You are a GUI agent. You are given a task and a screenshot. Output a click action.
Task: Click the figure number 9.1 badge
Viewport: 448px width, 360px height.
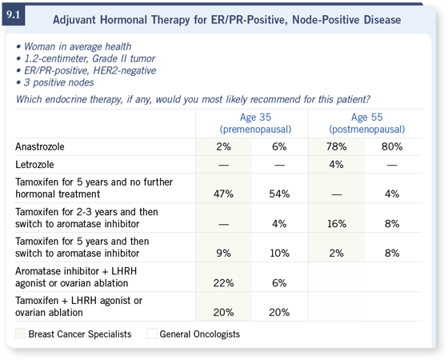coord(14,15)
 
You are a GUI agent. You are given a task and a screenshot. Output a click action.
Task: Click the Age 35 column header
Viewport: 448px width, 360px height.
coord(255,123)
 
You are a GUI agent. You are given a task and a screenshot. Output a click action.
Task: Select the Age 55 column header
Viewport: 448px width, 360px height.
coord(367,123)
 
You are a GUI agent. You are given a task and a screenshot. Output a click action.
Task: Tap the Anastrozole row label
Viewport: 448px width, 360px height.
coord(40,147)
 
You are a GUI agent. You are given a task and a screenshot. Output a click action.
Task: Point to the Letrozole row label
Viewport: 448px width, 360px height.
coord(34,165)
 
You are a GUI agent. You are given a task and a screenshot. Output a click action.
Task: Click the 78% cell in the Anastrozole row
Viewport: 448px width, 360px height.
coord(336,147)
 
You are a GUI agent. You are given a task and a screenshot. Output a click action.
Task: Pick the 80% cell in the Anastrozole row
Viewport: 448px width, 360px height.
coord(392,147)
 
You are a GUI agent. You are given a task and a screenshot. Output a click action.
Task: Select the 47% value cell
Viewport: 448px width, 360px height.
coord(223,194)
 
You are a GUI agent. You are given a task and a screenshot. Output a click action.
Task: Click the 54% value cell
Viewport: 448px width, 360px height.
coord(279,194)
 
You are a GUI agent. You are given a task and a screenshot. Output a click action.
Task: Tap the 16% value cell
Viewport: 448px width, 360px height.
coord(337,224)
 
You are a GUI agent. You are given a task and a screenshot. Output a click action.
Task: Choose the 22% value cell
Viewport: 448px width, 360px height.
coord(223,283)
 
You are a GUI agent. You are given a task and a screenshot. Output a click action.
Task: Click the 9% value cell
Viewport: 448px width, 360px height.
coord(223,253)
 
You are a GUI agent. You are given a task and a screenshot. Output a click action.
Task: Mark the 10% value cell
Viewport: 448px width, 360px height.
coord(279,253)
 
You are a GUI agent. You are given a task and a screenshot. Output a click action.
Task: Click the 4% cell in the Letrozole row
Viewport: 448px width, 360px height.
coord(336,165)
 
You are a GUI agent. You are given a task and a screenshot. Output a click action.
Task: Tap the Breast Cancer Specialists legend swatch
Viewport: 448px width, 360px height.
coord(20,334)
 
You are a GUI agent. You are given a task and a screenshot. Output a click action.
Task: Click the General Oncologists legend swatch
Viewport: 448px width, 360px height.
coord(152,334)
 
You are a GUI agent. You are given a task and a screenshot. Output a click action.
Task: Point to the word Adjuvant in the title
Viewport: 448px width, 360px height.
coord(74,20)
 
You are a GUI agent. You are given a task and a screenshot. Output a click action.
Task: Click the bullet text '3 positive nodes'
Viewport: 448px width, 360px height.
coord(59,82)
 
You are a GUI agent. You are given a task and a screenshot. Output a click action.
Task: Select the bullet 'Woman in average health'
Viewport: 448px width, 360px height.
coord(78,46)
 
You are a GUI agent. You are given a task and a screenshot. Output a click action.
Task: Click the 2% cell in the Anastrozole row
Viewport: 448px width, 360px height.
coord(223,147)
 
